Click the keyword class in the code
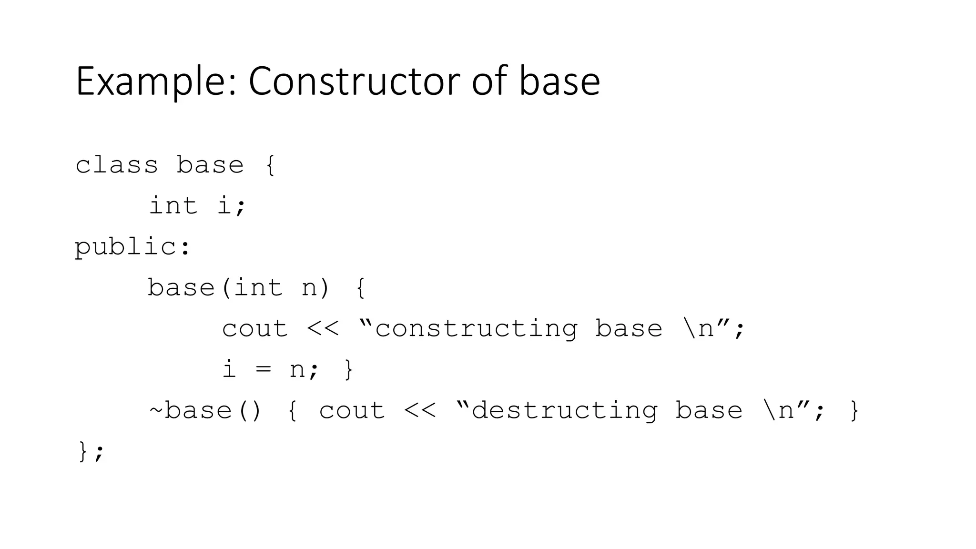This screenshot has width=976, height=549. coord(117,165)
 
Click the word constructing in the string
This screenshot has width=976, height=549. coord(476,329)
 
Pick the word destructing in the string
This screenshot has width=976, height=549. coord(565,411)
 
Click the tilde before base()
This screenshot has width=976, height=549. coord(156,411)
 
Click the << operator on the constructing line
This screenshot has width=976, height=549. coord(323,329)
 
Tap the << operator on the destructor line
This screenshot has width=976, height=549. coord(419,411)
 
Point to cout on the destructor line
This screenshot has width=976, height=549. coord(352,411)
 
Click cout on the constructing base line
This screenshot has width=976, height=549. coord(255,329)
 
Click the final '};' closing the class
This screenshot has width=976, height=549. coord(90,451)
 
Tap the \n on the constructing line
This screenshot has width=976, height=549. coord(698,329)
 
